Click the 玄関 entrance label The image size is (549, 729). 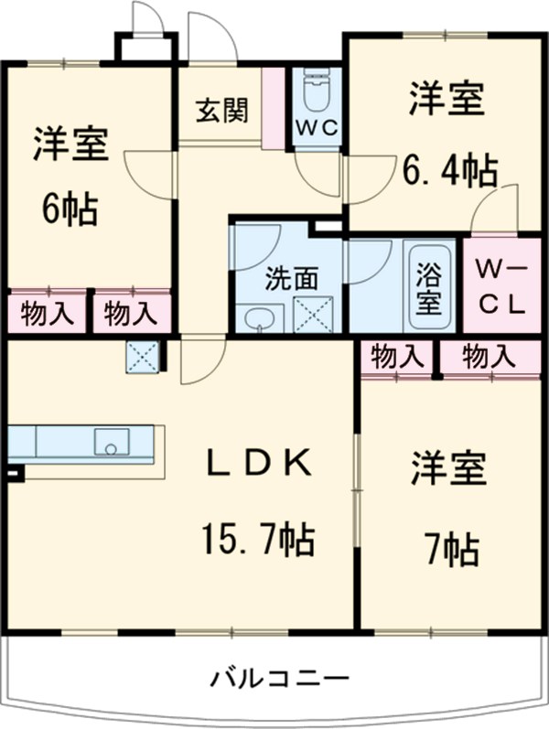[x=221, y=111]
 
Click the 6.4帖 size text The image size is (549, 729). [x=451, y=169]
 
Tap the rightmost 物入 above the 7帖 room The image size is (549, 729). [x=489, y=357]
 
